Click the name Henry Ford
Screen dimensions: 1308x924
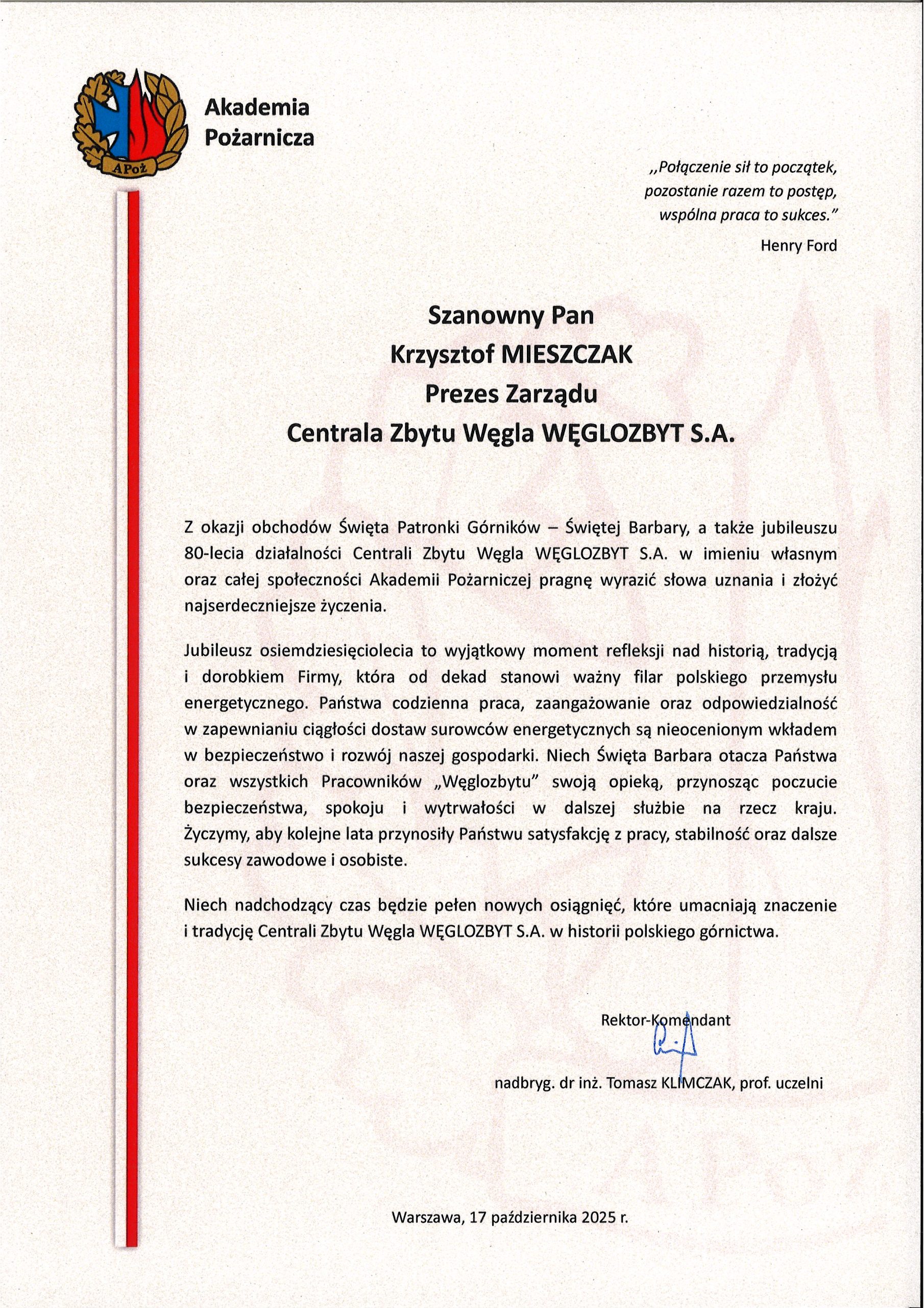(x=799, y=246)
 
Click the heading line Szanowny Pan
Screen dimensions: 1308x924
(x=510, y=316)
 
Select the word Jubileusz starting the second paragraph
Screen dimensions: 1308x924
(x=217, y=650)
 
